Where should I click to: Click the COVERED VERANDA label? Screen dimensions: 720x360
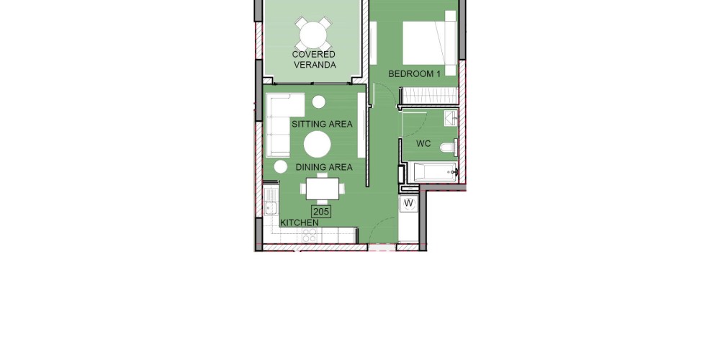click(314, 60)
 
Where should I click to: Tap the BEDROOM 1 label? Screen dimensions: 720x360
click(414, 73)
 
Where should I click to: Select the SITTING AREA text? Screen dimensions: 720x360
click(322, 124)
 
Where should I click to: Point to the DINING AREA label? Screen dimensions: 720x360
click(324, 167)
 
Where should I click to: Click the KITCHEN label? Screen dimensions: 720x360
click(300, 222)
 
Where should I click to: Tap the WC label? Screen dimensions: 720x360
click(423, 144)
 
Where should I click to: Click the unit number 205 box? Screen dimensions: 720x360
click(321, 211)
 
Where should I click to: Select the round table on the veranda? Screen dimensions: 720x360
click(312, 35)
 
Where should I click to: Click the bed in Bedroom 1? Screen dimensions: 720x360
click(429, 43)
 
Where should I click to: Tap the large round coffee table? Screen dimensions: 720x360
click(318, 144)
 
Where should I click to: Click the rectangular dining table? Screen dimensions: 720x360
click(322, 188)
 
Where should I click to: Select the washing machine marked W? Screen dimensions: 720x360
click(408, 204)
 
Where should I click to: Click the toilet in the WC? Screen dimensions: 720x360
click(449, 148)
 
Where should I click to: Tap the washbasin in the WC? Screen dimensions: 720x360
click(451, 119)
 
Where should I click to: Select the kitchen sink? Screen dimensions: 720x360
click(271, 207)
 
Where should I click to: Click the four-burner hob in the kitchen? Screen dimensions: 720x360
click(309, 235)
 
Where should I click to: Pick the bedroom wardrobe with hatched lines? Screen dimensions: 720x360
click(430, 96)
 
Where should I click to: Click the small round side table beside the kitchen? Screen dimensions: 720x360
click(281, 167)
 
